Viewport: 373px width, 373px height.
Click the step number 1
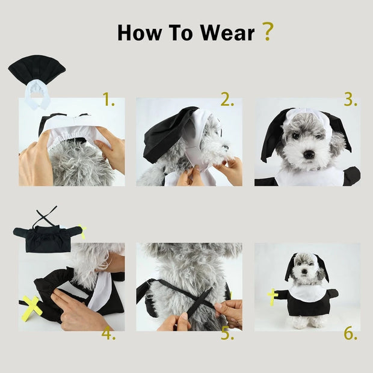point(108,100)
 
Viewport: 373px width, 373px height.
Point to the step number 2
point(227,100)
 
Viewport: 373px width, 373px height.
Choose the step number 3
point(350,100)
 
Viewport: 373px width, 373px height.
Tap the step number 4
point(108,333)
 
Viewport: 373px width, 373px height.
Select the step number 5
point(227,333)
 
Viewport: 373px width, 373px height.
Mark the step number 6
point(350,333)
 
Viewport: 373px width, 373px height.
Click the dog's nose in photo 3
point(309,154)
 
